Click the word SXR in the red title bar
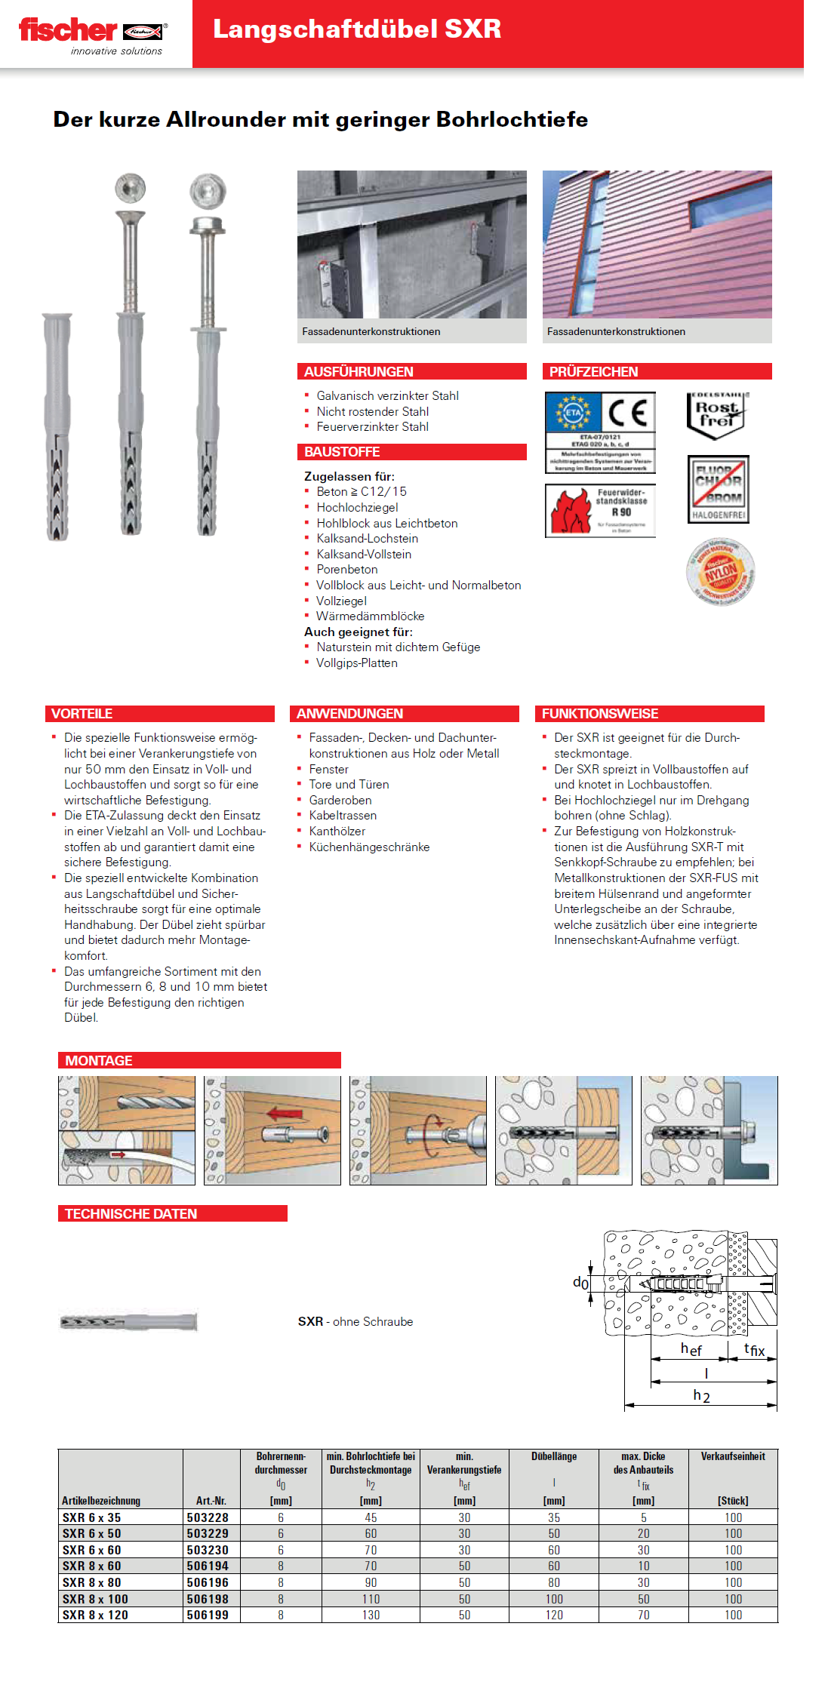pyautogui.click(x=472, y=29)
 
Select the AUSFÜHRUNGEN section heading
pyautogui.click(x=359, y=372)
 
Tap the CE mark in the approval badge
pyautogui.click(x=627, y=412)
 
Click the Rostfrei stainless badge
pyautogui.click(x=716, y=414)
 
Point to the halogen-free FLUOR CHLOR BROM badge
pyautogui.click(x=718, y=489)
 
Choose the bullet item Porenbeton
pyautogui.click(x=346, y=570)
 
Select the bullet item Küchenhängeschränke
pyautogui.click(x=369, y=847)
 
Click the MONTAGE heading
pyautogui.click(x=99, y=1061)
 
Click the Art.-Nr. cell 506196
pyautogui.click(x=208, y=1582)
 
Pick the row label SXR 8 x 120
pyautogui.click(x=95, y=1615)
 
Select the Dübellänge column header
pyautogui.click(x=553, y=1456)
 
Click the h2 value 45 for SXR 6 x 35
pyautogui.click(x=371, y=1517)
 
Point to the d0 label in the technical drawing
pyautogui.click(x=580, y=1282)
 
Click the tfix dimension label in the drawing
pyautogui.click(x=754, y=1349)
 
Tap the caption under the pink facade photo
pyautogui.click(x=616, y=331)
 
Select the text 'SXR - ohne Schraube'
pyautogui.click(x=356, y=1321)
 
